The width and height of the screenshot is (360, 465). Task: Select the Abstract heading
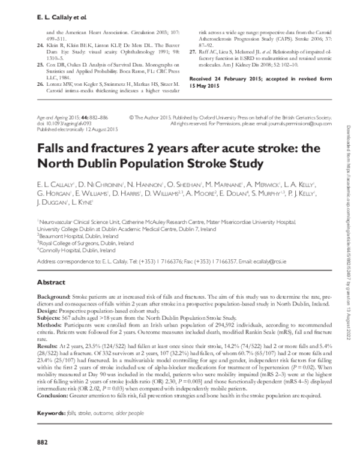pos(50,281)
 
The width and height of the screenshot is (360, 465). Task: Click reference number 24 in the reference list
pos(40,45)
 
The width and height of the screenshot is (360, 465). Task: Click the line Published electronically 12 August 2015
pos(68,130)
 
